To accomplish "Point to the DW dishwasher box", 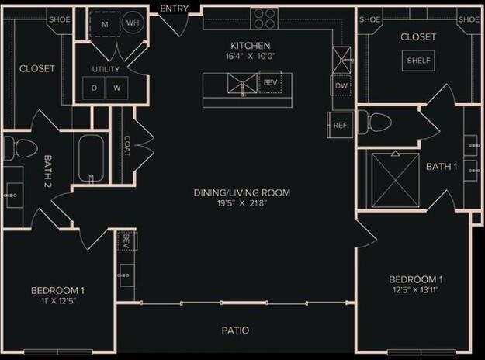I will pyautogui.click(x=341, y=86).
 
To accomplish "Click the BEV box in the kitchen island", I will pyautogui.click(x=270, y=81).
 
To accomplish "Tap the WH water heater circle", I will pyautogui.click(x=133, y=23).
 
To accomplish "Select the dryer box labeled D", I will pyautogui.click(x=95, y=88).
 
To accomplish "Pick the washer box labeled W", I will pyautogui.click(x=117, y=88).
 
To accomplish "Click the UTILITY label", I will pyautogui.click(x=106, y=70).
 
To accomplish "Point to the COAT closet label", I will pyautogui.click(x=127, y=146).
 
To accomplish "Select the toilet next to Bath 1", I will pyautogui.click(x=378, y=123).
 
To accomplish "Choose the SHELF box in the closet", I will pyautogui.click(x=419, y=61).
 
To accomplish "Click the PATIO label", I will pyautogui.click(x=234, y=331).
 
